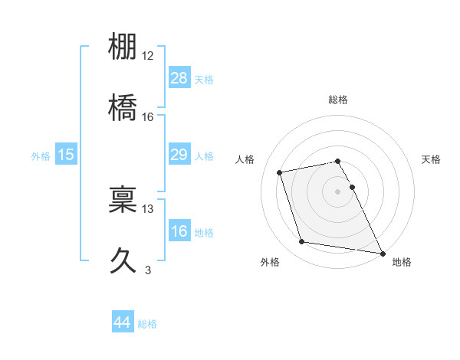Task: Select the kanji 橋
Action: [123, 108]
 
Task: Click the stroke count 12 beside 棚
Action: [148, 56]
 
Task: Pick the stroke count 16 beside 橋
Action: [148, 116]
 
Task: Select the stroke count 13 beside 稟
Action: [148, 208]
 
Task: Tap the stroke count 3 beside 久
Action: [148, 270]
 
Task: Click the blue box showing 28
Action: [179, 78]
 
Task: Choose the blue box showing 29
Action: [179, 155]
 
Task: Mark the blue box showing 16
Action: [179, 231]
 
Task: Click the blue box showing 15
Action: [66, 155]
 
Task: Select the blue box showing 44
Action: [123, 322]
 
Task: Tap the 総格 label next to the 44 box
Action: [147, 324]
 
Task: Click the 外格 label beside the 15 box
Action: [41, 156]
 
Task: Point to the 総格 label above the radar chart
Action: [338, 100]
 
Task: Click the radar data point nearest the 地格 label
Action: [382, 253]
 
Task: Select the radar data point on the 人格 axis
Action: [280, 172]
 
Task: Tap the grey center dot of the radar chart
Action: [338, 191]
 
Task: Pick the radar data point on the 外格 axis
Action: [301, 242]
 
